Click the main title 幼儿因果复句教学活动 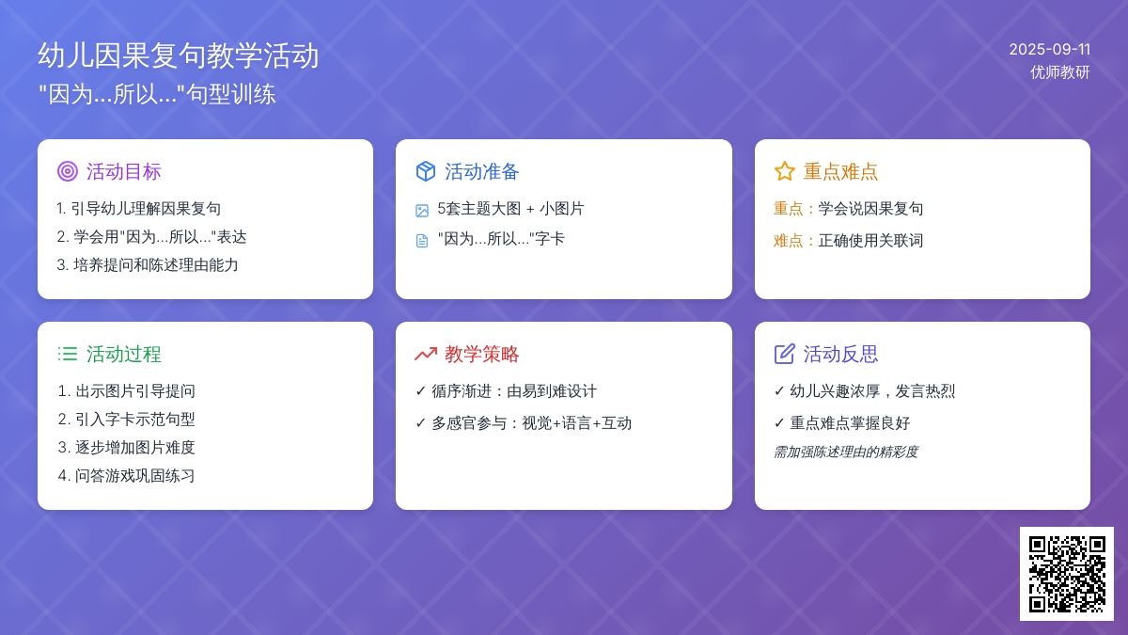click(179, 56)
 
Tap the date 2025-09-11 click(1049, 49)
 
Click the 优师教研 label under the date click(1060, 72)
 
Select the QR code click(1067, 574)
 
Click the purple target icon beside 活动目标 click(68, 171)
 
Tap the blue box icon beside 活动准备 click(426, 171)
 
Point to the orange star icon click(784, 171)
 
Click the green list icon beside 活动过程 click(68, 354)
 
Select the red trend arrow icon click(426, 354)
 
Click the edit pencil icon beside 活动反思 click(784, 354)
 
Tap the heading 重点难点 click(840, 172)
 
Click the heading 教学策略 click(482, 355)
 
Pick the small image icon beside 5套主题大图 click(422, 210)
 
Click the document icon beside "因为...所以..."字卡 click(422, 241)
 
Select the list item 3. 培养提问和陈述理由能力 click(147, 265)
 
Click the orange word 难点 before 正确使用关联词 click(788, 241)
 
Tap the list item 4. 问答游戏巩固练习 click(126, 476)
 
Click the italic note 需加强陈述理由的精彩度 click(846, 452)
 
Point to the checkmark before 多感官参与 click(421, 422)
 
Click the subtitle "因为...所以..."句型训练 click(157, 94)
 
